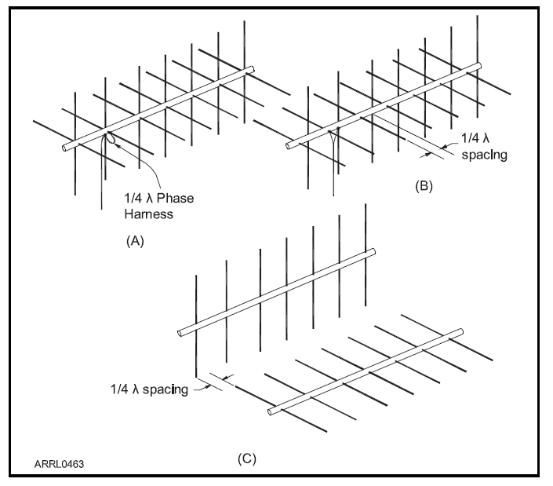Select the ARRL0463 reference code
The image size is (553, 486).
59,464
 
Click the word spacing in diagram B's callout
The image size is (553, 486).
486,155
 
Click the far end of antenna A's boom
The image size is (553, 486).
252,71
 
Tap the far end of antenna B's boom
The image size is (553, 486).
476,67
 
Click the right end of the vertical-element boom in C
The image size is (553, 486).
373,253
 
